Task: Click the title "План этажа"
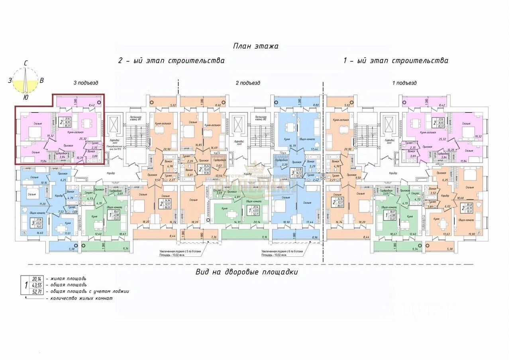tap(255, 46)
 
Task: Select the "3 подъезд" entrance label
tap(86, 83)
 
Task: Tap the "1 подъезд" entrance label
tap(404, 83)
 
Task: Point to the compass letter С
tap(25, 63)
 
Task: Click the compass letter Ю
tap(25, 97)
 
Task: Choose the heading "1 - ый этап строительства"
tap(395, 61)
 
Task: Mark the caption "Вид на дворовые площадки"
tap(247, 272)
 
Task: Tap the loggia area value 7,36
tap(214, 237)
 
